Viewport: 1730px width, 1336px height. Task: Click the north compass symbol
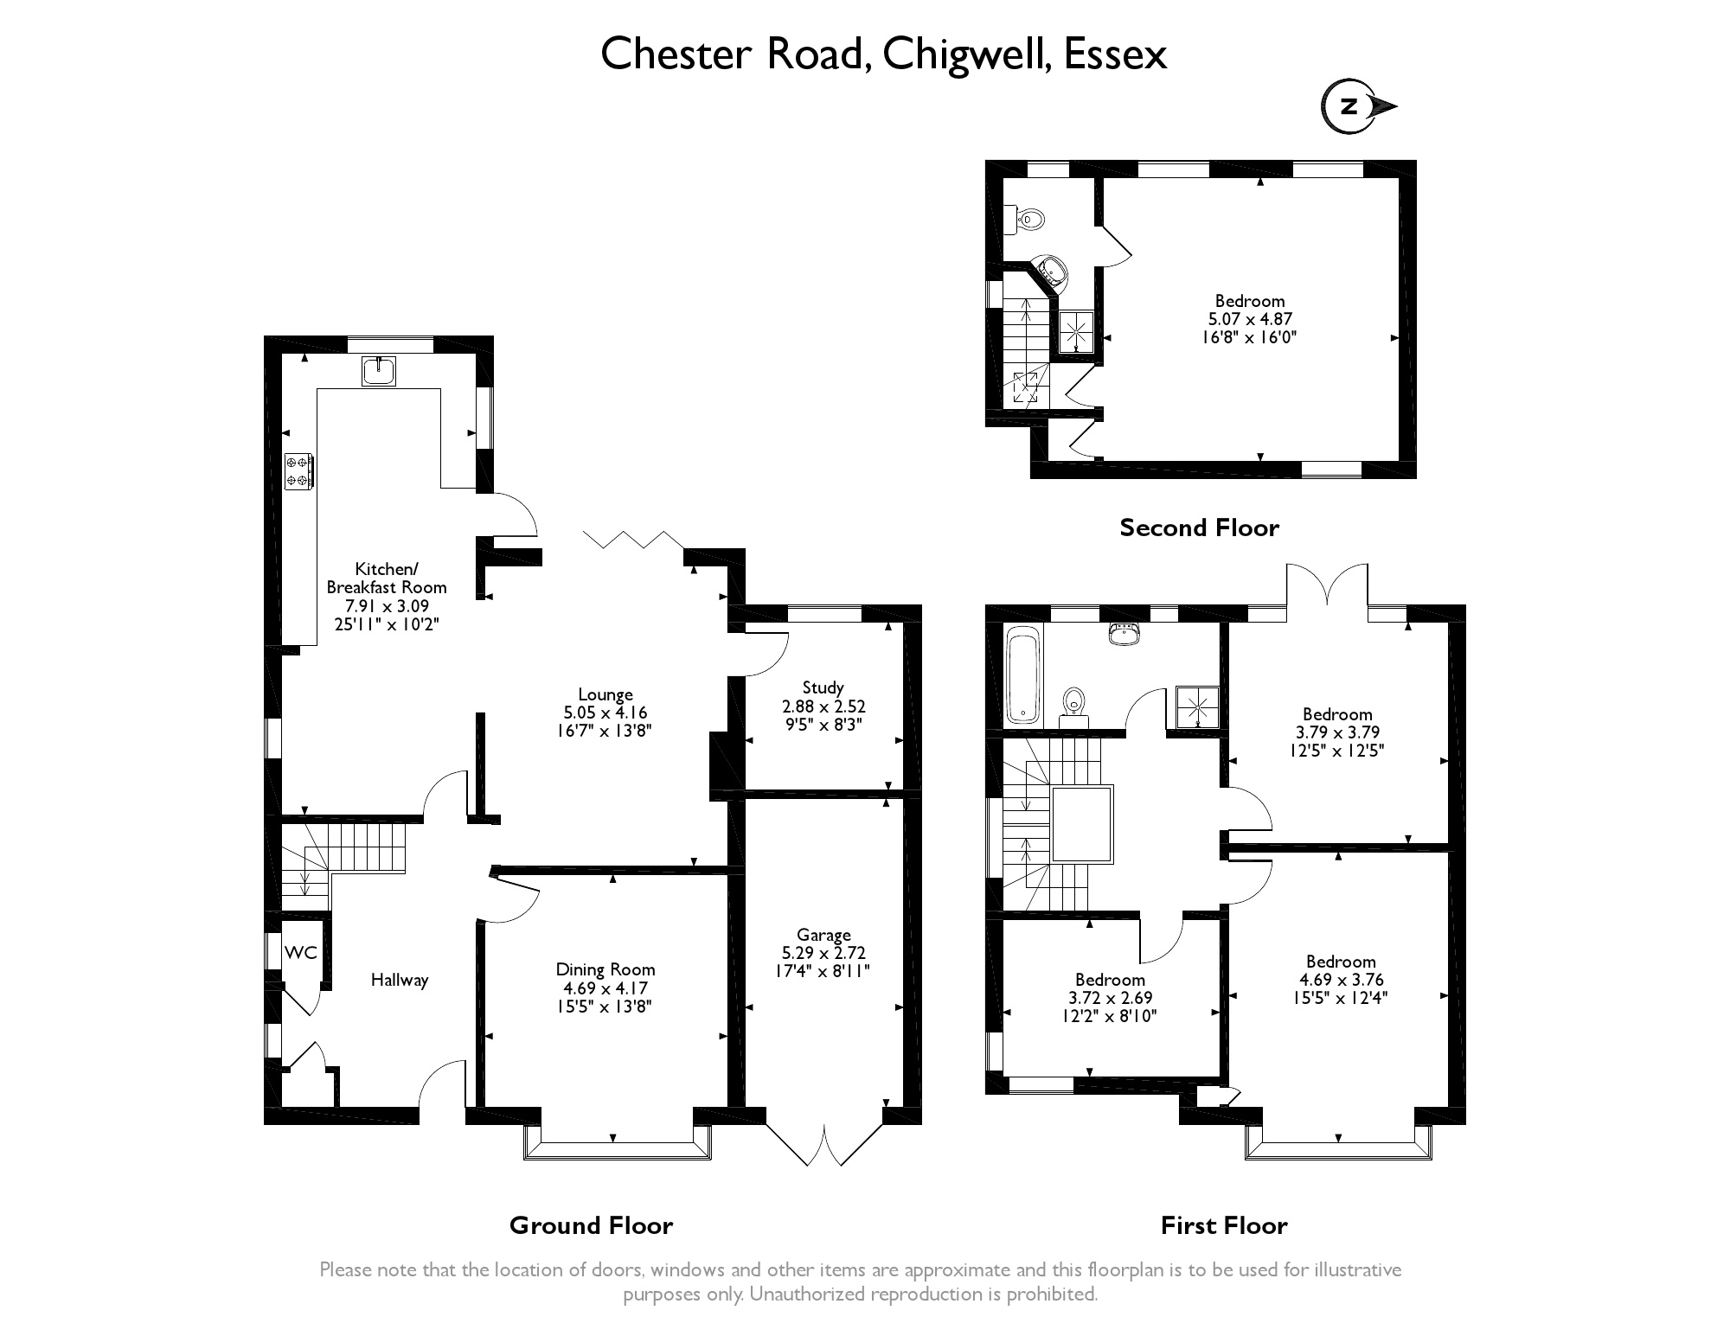coord(1351,107)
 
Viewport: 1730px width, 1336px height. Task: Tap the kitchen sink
coord(380,370)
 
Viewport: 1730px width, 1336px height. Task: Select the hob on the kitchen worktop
coord(299,471)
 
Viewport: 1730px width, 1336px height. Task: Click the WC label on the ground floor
coord(301,953)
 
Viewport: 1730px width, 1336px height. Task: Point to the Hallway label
coord(400,980)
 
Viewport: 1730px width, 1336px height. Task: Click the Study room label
coord(823,687)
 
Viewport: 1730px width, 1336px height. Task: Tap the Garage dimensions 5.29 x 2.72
coord(823,953)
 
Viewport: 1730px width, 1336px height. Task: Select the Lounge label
coord(605,694)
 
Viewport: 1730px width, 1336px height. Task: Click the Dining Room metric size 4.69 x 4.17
coord(605,988)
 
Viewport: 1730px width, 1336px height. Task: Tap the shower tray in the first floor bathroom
coord(1198,709)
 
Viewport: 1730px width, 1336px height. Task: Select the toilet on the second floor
coord(1027,220)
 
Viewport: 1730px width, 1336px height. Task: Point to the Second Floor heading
coord(1199,527)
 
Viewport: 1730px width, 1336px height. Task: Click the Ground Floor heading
coord(591,1225)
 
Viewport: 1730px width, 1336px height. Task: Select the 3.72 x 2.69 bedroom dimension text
coord(1110,998)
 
